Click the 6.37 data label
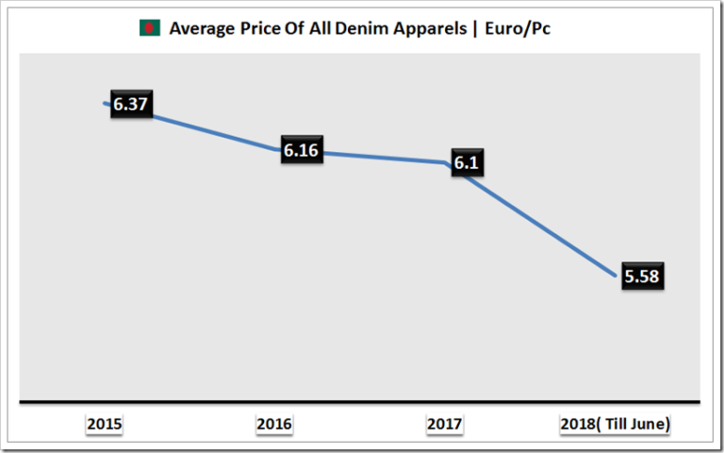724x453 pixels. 131,105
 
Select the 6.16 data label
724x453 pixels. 302,150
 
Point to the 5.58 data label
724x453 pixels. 644,277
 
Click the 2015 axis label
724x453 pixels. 104,425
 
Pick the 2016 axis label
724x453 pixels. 273,425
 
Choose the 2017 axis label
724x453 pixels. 444,425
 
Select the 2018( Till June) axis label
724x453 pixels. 615,425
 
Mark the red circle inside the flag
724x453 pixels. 150,28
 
